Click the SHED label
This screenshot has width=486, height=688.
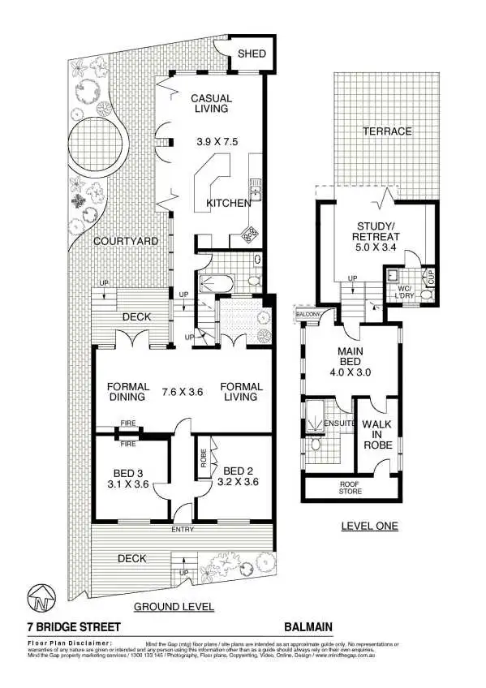click(252, 55)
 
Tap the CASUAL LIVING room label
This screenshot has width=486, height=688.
click(209, 103)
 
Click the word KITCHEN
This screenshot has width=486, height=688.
click(229, 204)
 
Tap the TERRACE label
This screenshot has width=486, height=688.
click(387, 131)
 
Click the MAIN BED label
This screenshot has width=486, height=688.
click(354, 357)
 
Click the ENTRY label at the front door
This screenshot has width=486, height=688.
click(183, 530)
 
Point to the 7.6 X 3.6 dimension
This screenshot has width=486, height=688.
click(182, 391)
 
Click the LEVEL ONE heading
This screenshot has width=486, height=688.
click(369, 526)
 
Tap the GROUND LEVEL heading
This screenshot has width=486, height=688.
click(174, 606)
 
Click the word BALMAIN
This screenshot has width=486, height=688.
click(308, 627)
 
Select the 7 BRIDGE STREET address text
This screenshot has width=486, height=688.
click(74, 627)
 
